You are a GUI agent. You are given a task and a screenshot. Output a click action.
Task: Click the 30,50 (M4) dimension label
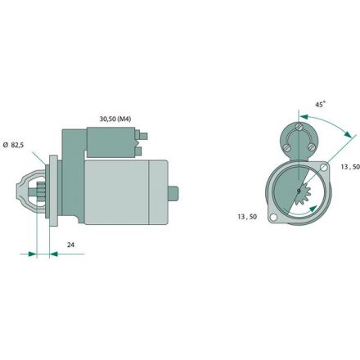115,119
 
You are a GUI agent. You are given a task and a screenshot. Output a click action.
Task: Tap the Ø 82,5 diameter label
13,145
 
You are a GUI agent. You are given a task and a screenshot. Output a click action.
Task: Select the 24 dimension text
70,245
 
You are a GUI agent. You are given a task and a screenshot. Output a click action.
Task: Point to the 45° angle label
321,104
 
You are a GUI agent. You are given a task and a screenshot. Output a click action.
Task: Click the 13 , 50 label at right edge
350,167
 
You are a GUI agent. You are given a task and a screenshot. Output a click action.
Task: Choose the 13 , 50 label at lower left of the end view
247,217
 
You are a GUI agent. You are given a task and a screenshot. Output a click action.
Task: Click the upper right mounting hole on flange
324,167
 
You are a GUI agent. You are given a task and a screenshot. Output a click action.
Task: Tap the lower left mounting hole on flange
273,218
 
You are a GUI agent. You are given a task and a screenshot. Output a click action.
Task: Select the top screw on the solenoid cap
299,127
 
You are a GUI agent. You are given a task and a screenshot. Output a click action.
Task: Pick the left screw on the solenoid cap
286,147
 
